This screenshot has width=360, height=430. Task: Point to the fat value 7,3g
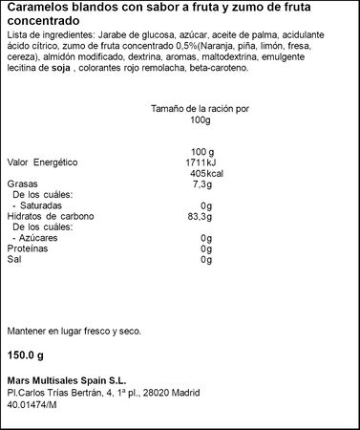[201, 183]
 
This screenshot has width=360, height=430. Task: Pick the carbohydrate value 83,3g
[198, 216]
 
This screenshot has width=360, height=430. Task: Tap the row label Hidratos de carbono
[51, 216]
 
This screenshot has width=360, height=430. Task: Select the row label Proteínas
[28, 247]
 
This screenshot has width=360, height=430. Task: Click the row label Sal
[13, 259]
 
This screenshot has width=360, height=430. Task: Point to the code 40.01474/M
[32, 402]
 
